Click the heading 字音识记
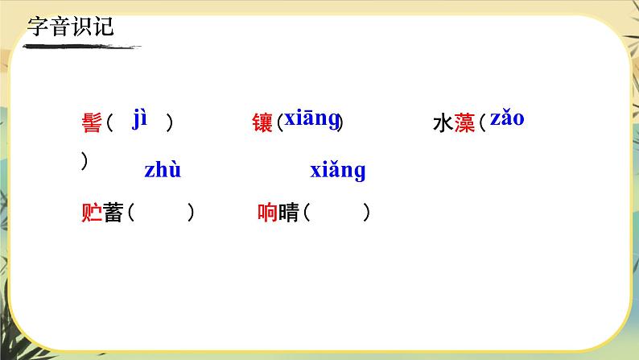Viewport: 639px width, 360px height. click(71, 27)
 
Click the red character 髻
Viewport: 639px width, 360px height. click(92, 124)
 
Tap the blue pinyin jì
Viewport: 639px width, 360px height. click(141, 119)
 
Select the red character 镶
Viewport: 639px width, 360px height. click(262, 124)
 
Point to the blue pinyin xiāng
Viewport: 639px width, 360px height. click(311, 118)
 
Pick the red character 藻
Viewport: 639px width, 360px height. click(464, 124)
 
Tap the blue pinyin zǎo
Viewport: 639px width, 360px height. click(507, 118)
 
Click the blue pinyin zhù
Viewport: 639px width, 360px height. click(163, 171)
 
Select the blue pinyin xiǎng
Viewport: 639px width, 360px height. click(338, 171)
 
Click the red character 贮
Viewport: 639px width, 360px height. click(92, 213)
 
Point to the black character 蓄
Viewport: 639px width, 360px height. click(112, 213)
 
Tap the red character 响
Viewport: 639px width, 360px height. click(267, 213)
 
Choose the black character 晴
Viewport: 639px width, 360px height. click(288, 213)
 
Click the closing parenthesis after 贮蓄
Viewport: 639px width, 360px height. click(191, 213)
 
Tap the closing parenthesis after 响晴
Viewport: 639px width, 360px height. click(367, 213)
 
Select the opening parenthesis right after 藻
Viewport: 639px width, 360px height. click(480, 124)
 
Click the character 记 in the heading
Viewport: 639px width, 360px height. click(103, 27)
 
